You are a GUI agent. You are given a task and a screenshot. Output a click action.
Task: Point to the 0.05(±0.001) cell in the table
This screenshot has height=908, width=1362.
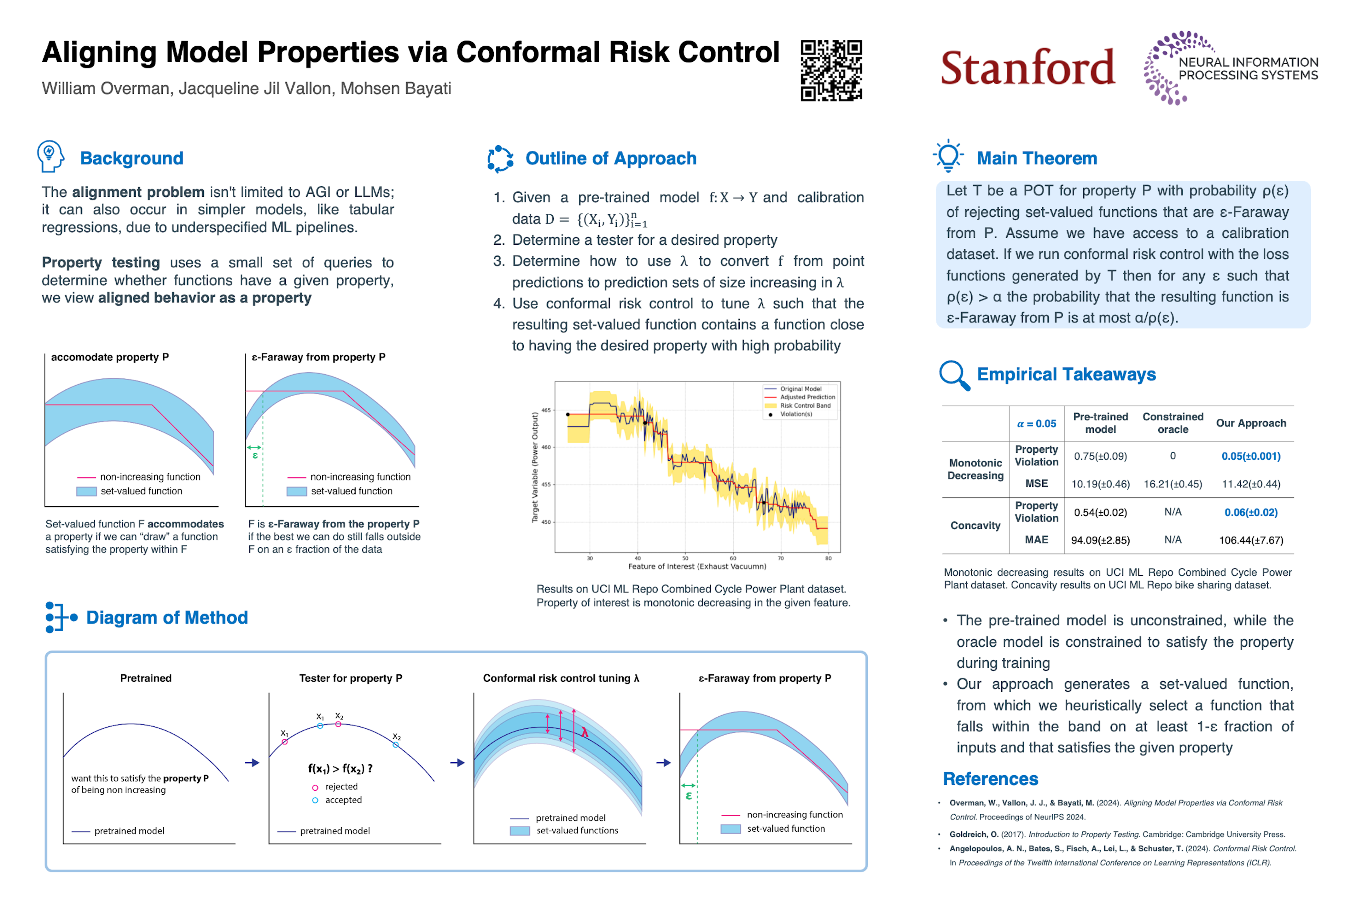(1250, 456)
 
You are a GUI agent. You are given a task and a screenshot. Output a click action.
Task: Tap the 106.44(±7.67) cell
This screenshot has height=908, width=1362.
(1250, 540)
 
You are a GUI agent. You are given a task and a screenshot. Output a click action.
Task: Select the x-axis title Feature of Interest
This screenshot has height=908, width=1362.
(697, 566)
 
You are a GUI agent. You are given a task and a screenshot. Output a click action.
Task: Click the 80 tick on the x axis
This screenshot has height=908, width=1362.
(828, 558)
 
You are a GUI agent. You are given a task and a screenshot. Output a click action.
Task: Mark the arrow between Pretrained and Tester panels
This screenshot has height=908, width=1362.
(252, 763)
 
